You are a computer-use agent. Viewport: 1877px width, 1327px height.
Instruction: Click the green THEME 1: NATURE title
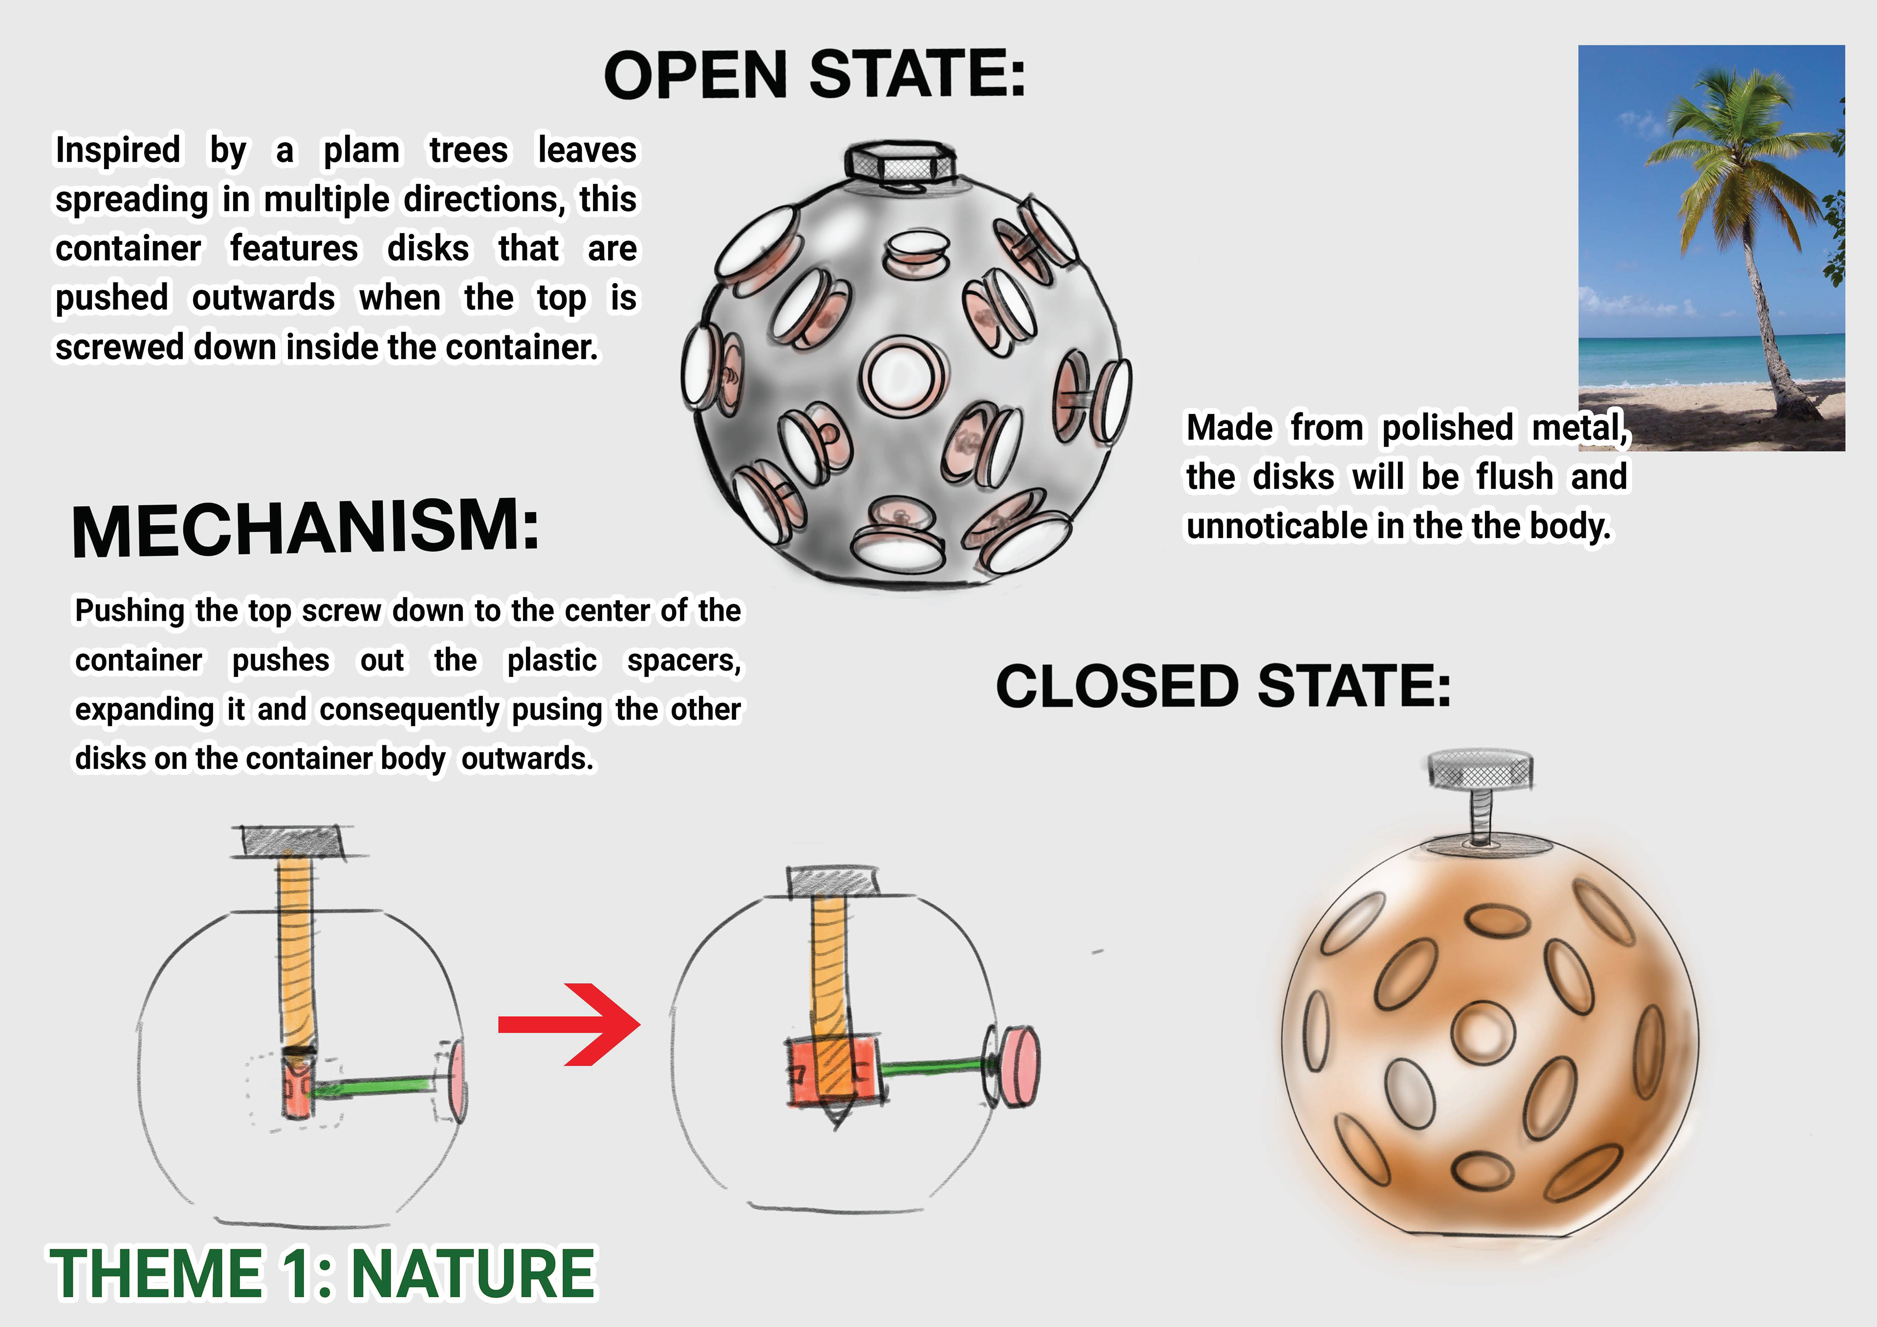coord(323,1273)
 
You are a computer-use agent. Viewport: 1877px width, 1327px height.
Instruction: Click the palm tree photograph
coord(1711,248)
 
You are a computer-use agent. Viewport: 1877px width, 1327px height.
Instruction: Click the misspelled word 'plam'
coord(361,151)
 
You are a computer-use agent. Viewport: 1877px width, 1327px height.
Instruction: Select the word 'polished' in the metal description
coord(1447,428)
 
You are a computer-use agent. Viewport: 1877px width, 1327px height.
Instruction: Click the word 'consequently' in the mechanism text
coord(409,710)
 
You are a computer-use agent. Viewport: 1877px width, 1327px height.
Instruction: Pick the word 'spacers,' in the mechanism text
coord(683,661)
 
